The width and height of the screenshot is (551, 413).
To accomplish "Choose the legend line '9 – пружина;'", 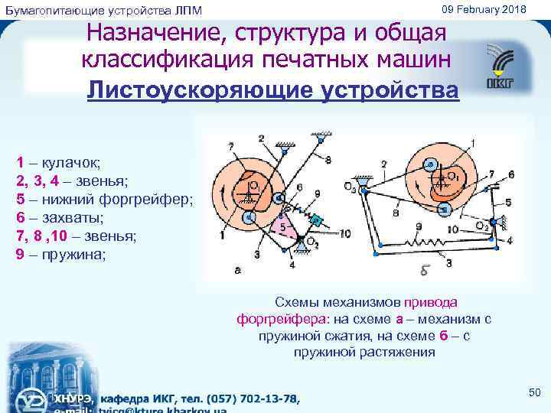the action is coord(61,254).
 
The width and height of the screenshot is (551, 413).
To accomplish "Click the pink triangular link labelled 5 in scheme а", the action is coord(284,227).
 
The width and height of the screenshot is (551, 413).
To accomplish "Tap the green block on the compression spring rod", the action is coord(316,223).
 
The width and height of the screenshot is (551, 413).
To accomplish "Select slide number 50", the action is coord(534,392).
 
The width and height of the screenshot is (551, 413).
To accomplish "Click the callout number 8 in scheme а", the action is coord(328,160).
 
